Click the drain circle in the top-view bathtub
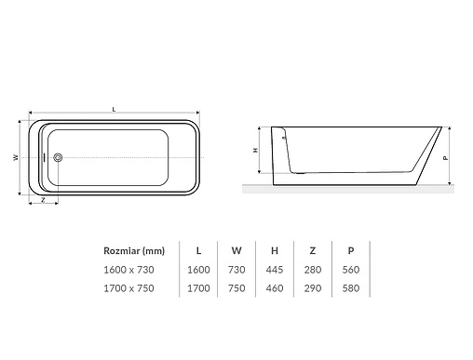(58, 158)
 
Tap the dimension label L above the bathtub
(114, 110)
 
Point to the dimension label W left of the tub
(17, 157)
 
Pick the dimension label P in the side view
(447, 157)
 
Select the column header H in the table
(274, 250)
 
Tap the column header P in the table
(351, 250)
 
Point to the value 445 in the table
(274, 269)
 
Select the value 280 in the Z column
(313, 269)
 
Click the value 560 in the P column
(351, 269)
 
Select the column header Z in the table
(313, 250)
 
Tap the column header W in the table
(236, 250)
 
